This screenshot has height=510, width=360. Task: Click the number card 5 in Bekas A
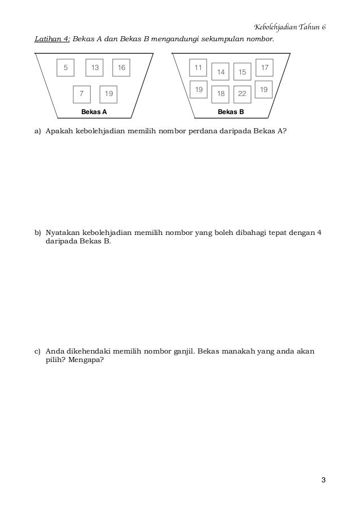click(x=65, y=68)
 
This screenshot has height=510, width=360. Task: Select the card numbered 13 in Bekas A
click(x=95, y=68)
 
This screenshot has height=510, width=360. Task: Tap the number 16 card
click(x=122, y=68)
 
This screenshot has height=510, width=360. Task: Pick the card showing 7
click(x=82, y=94)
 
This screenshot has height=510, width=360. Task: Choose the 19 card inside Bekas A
click(x=109, y=94)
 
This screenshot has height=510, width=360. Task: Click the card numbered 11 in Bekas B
click(x=198, y=68)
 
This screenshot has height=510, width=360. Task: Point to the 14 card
click(x=221, y=72)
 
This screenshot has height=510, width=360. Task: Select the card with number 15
click(x=243, y=72)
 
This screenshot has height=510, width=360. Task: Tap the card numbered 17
click(x=265, y=68)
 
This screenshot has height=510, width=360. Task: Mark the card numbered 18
click(x=221, y=94)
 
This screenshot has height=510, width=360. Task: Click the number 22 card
click(x=243, y=94)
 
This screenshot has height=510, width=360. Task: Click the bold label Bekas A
click(x=94, y=112)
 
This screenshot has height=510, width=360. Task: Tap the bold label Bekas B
click(x=231, y=112)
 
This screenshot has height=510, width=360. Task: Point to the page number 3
click(x=323, y=481)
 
